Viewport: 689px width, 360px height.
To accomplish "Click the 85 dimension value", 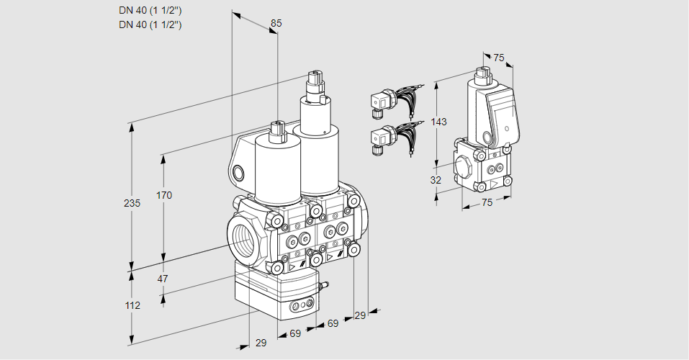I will click(x=276, y=23).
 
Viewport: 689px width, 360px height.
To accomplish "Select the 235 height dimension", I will click(x=132, y=203).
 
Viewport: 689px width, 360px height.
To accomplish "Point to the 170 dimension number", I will click(x=164, y=195).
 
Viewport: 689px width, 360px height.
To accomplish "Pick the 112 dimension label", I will click(x=132, y=305).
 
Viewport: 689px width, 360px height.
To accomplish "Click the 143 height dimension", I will click(x=438, y=122).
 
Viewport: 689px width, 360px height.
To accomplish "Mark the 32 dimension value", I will click(x=436, y=180).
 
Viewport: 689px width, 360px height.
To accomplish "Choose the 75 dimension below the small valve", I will click(x=487, y=203).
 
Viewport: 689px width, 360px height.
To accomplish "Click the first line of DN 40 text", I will click(x=150, y=10).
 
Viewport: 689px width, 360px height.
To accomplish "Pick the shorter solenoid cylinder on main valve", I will click(x=277, y=169).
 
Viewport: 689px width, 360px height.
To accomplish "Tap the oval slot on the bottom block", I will click(x=302, y=307).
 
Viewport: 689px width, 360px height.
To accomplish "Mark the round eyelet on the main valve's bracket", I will click(x=238, y=172).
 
